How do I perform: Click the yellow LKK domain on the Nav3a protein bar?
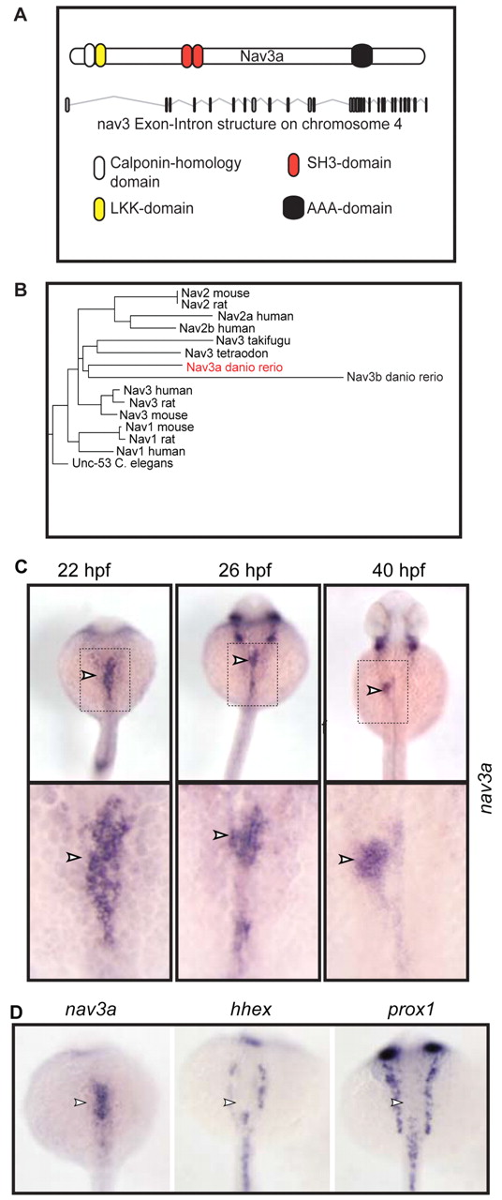[100, 55]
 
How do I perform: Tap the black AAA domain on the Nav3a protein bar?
[362, 55]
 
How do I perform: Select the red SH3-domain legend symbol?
[293, 164]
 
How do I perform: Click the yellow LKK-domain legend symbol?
[98, 209]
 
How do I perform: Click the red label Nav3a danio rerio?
[234, 367]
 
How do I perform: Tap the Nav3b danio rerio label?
[395, 377]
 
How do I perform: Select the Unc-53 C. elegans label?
[123, 463]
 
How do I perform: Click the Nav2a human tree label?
[256, 317]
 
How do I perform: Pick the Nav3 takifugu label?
[254, 340]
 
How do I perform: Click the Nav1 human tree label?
[151, 451]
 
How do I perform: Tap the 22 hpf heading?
[84, 571]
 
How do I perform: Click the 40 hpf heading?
[399, 571]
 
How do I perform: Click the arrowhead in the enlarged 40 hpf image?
[347, 859]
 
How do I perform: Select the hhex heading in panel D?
[250, 1010]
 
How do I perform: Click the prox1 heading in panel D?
[410, 1011]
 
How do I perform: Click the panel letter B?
[21, 291]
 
